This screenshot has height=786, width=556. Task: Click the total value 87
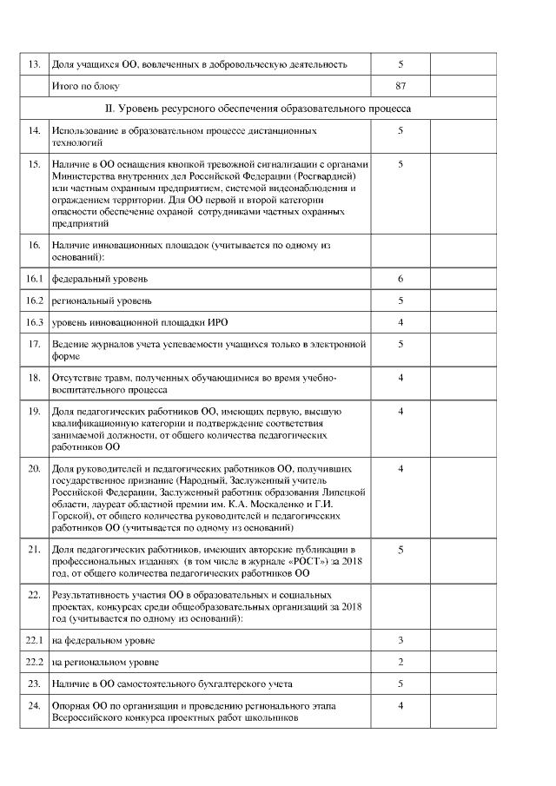pos(400,87)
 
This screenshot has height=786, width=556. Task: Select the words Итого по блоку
pos(85,87)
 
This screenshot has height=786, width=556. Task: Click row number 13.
pos(34,64)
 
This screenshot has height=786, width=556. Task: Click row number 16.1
pos(34,279)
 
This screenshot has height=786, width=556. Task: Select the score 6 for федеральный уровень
pos(400,279)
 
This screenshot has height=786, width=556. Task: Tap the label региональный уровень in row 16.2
pos(102,301)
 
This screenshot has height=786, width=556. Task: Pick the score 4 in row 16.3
pos(400,322)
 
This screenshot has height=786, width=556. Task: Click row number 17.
pos(34,344)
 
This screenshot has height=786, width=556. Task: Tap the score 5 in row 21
pos(400,550)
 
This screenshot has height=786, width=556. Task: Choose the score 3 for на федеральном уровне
pos(400,640)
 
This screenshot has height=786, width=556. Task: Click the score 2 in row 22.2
pos(400,662)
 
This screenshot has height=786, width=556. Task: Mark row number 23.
pos(34,684)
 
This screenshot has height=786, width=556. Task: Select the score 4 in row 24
pos(400,706)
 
